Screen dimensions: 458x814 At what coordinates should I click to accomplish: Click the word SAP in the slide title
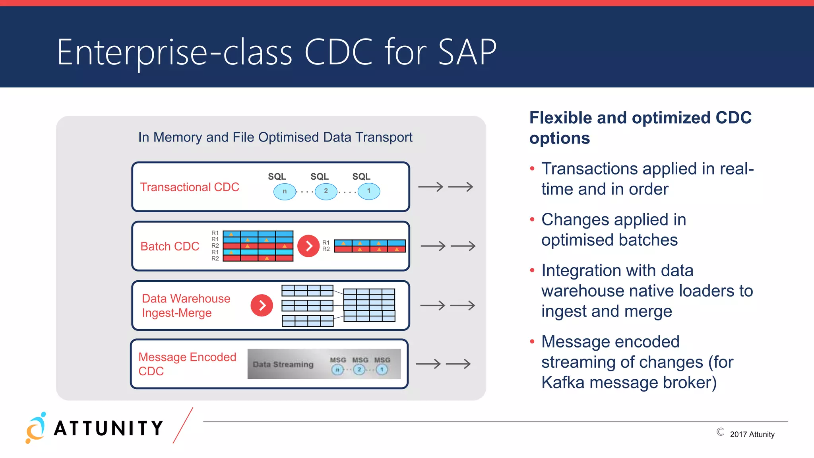click(x=467, y=52)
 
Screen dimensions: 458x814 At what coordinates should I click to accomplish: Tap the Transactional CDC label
click(x=190, y=187)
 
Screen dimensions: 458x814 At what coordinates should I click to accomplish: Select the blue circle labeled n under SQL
click(x=285, y=191)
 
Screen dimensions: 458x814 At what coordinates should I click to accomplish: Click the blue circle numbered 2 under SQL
click(x=326, y=191)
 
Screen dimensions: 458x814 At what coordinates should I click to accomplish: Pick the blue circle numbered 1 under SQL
click(x=368, y=191)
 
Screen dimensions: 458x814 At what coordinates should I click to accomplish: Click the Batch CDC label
click(x=170, y=246)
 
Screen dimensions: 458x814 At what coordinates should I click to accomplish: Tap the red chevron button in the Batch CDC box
click(x=308, y=246)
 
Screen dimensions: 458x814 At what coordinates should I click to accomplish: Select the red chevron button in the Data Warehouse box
click(x=262, y=305)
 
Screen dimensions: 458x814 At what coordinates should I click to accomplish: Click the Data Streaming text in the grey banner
click(x=283, y=364)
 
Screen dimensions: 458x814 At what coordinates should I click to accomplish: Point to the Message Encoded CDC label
click(x=187, y=364)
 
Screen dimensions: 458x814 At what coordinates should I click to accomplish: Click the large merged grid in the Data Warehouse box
click(x=369, y=305)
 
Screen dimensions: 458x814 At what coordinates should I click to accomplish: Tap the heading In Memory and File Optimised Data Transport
click(x=275, y=137)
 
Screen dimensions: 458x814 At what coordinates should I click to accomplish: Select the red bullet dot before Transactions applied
click(x=532, y=169)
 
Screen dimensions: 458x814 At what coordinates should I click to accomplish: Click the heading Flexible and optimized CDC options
click(x=640, y=128)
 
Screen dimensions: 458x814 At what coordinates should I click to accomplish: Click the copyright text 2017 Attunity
click(x=752, y=434)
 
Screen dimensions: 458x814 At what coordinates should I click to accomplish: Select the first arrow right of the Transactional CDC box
click(x=430, y=187)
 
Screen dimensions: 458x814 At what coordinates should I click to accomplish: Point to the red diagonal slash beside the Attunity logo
click(x=183, y=425)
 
